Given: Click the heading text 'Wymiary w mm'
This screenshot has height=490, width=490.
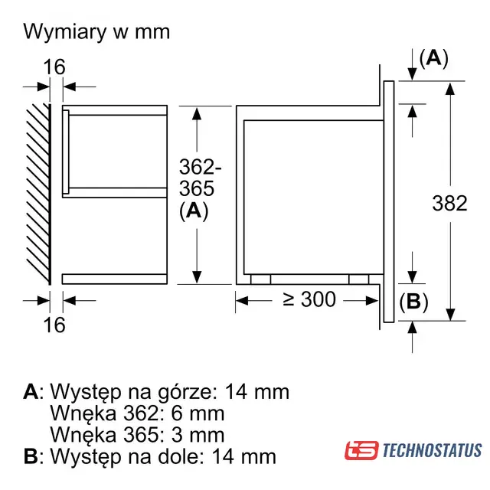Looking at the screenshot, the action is [x=96, y=32].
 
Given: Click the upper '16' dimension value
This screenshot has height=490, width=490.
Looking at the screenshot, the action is [x=54, y=67].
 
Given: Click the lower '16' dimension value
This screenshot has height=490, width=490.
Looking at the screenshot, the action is [x=54, y=325].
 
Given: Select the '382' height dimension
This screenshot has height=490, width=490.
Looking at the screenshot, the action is [x=449, y=204].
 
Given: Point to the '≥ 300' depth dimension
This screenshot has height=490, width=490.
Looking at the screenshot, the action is [x=309, y=299].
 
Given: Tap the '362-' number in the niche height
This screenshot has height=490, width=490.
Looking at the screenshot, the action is [x=201, y=167].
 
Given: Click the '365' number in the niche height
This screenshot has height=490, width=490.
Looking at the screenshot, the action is [x=197, y=188].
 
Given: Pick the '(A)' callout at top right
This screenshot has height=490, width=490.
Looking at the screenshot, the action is [x=434, y=58].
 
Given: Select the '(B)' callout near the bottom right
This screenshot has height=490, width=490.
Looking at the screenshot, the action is [x=413, y=302].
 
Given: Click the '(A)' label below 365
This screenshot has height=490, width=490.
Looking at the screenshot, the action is [x=194, y=211].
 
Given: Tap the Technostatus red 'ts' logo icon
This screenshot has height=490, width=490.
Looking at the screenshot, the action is [x=361, y=450].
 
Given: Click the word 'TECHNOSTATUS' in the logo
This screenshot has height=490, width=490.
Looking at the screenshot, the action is [x=432, y=450].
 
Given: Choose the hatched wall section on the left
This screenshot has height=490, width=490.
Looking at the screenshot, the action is [x=38, y=194].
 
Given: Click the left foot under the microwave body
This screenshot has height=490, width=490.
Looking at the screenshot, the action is [x=260, y=279].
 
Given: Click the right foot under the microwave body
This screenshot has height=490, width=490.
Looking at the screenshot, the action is [x=359, y=279].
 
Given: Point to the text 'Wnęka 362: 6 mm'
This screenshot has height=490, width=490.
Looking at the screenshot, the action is [x=138, y=413].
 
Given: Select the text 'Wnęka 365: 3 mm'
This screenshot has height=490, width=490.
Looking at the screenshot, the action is [x=138, y=435].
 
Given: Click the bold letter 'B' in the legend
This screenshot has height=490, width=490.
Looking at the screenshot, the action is [x=31, y=456].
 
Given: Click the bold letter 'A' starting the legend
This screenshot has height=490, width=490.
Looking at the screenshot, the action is [x=31, y=391].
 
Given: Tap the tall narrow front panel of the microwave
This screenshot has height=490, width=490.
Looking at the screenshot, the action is [x=389, y=201].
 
